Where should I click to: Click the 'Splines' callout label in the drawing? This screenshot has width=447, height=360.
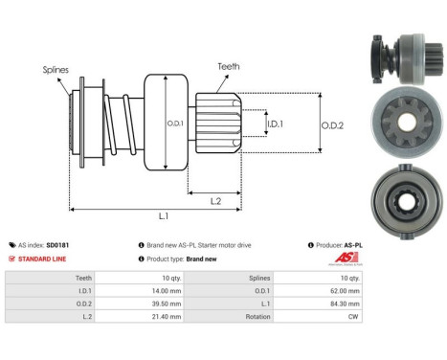55,70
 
